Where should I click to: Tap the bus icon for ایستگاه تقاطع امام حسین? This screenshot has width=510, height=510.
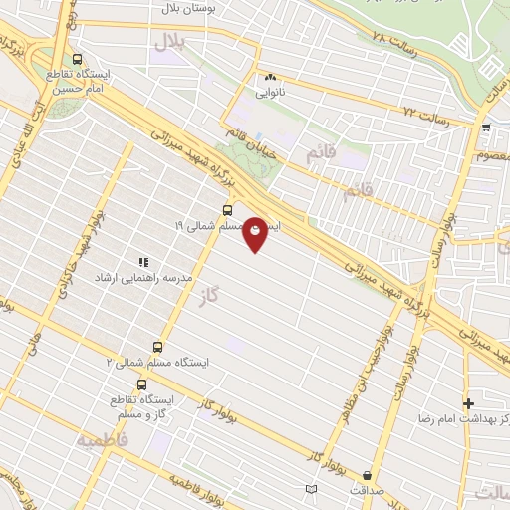click(78, 58)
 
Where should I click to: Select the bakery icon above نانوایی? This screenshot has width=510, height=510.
click(270, 77)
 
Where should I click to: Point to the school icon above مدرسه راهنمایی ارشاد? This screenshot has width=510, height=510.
click(143, 262)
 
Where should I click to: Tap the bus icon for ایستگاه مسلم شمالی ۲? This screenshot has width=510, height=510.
click(157, 347)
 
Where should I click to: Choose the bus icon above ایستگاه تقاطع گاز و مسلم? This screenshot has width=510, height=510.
click(141, 383)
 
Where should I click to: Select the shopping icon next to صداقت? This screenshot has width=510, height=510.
click(370, 475)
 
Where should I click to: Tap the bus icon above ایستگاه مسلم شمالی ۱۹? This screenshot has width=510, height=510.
click(228, 210)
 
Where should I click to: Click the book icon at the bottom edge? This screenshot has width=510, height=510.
click(312, 488)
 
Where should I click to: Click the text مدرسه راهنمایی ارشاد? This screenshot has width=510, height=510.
click(133, 277)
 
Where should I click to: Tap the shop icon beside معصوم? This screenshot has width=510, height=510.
click(486, 127)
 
